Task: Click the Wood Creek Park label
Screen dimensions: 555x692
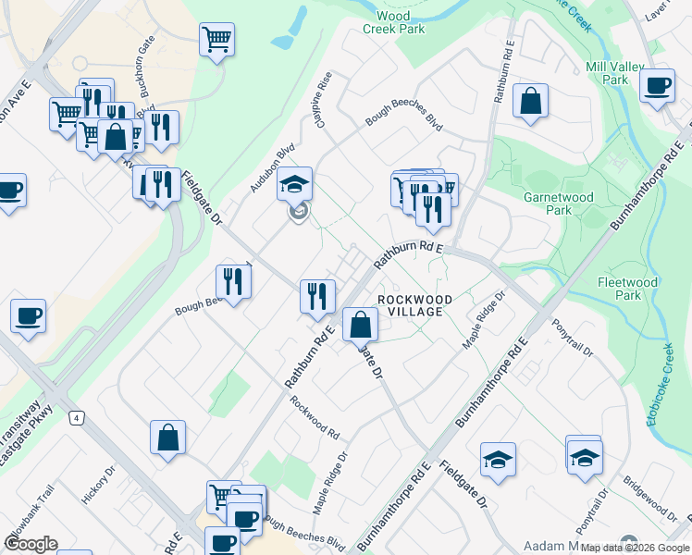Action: click(x=401, y=22)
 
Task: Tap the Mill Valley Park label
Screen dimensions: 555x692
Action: click(x=607, y=73)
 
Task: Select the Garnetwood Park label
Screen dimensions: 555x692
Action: click(x=571, y=203)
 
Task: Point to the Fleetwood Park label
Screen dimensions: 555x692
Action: click(x=627, y=289)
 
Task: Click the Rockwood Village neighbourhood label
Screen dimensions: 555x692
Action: click(x=414, y=306)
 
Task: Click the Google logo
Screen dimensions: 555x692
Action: click(x=30, y=544)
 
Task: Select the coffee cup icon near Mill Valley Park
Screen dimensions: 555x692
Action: click(x=658, y=86)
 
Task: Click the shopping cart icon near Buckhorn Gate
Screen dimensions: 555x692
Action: click(x=216, y=40)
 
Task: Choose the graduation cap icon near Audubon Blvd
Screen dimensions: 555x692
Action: click(x=295, y=183)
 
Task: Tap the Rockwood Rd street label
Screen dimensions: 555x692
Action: click(x=315, y=417)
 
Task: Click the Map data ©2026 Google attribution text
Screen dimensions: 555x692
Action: click(x=635, y=548)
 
